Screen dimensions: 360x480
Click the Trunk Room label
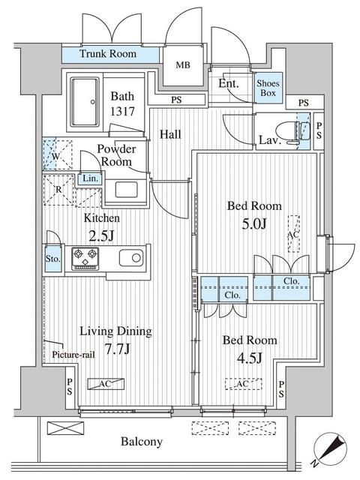pyautogui.click(x=108, y=54)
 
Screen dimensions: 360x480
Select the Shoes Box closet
pyautogui.click(x=268, y=88)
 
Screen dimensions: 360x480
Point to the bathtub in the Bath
pyautogui.click(x=85, y=102)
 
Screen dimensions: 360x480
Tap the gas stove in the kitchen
pyautogui.click(x=85, y=259)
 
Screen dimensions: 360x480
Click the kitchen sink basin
pyautogui.click(x=131, y=258)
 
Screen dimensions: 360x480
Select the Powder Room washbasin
pyautogui.click(x=126, y=190)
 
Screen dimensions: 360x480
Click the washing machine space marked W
pyautogui.click(x=57, y=155)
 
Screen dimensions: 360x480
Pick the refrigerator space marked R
pyautogui.click(x=58, y=190)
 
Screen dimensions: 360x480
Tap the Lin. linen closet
pyautogui.click(x=90, y=178)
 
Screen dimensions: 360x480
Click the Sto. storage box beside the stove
pyautogui.click(x=53, y=258)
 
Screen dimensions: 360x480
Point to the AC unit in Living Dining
pyautogui.click(x=106, y=384)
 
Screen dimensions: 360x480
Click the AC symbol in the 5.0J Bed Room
pyautogui.click(x=293, y=234)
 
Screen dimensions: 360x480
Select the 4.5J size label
pyautogui.click(x=250, y=358)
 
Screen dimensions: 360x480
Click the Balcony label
pyautogui.click(x=142, y=442)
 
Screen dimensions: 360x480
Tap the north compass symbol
pyautogui.click(x=330, y=448)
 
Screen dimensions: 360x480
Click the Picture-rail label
pyautogui.click(x=73, y=355)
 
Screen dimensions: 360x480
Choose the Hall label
pyautogui.click(x=170, y=134)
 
